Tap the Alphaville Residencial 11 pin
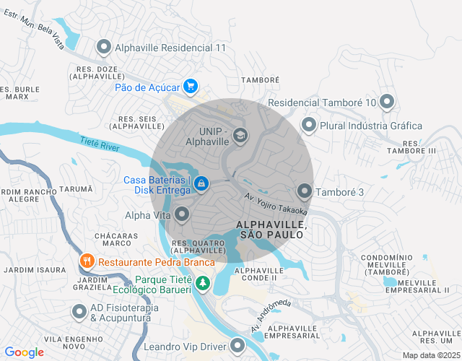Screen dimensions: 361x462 [x=103, y=48]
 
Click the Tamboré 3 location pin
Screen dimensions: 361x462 [x=304, y=192]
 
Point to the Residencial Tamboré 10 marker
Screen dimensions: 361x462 [x=387, y=103]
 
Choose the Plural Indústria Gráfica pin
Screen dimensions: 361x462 [x=309, y=126]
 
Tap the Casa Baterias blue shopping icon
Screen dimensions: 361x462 [x=201, y=185]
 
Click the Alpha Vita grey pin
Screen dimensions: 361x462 [x=183, y=214]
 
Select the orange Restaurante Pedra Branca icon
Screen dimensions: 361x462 [x=87, y=261]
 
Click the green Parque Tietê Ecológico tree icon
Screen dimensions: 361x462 [x=204, y=284]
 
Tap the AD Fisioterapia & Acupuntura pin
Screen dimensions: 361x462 [x=79, y=312]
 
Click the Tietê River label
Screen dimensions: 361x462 [x=100, y=146]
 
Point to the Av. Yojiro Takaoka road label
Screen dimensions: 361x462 [x=276, y=203]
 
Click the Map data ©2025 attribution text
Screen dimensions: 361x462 [x=430, y=355]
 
